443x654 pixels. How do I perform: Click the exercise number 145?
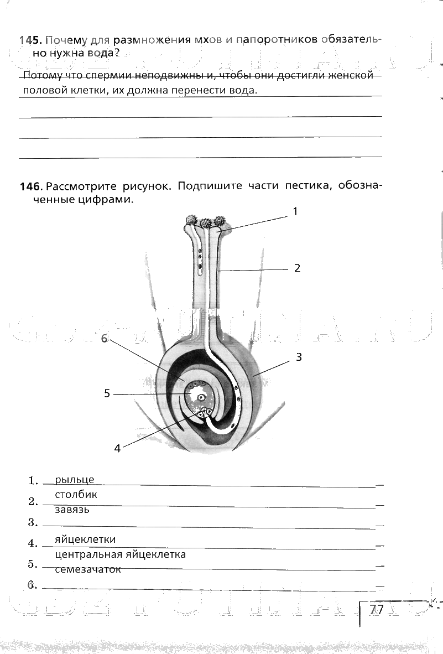tap(30, 40)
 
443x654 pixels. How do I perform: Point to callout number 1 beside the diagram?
tap(295, 211)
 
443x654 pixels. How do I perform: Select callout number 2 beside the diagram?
tap(297, 268)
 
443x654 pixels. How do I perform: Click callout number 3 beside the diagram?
tap(299, 357)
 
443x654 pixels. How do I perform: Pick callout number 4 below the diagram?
tap(117, 449)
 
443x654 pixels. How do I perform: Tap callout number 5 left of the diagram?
tap(107, 393)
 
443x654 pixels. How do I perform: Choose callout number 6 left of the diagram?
tap(104, 339)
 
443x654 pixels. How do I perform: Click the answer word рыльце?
tap(75, 480)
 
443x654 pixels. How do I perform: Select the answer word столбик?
tap(76, 495)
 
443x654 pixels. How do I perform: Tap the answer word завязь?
tap(72, 510)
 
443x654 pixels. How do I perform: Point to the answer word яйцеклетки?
tap(85, 539)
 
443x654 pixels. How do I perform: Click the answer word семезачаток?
tap(88, 569)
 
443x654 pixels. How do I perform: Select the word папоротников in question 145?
tap(276, 40)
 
